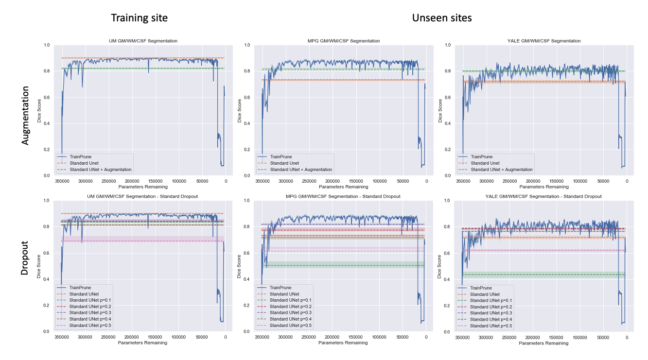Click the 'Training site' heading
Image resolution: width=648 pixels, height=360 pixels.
(x=139, y=18)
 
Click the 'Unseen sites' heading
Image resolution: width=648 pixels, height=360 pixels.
(x=441, y=18)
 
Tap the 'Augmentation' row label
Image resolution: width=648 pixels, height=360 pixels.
(x=27, y=115)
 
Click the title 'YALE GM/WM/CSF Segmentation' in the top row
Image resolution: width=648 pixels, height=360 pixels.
(x=543, y=41)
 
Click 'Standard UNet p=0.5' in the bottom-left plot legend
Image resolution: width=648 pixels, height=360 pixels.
(x=90, y=325)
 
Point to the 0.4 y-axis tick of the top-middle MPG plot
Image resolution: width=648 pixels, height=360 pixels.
(x=247, y=123)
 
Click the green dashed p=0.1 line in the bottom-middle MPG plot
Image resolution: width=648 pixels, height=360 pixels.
(x=340, y=265)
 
